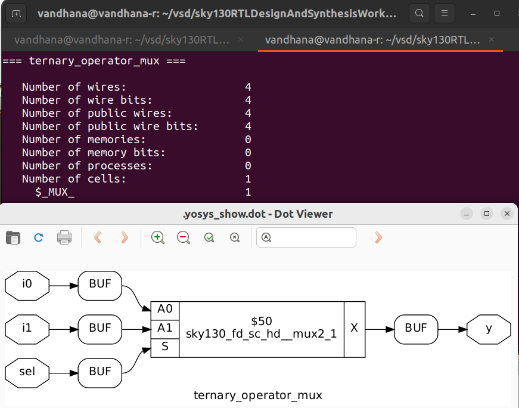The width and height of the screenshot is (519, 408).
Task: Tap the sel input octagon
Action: tap(27, 372)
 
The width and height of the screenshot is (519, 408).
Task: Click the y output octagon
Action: tap(489, 329)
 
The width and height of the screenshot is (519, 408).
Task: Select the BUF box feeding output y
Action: tap(416, 329)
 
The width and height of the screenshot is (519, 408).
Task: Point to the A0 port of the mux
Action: tap(165, 309)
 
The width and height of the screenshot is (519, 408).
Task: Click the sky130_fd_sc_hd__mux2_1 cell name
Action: tap(262, 335)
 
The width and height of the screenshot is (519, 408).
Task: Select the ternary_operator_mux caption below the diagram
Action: tap(258, 395)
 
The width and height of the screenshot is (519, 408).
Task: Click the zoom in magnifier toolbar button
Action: tap(158, 237)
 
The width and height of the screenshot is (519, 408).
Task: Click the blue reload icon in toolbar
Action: tap(39, 237)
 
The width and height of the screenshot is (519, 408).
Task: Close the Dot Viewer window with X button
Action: tap(506, 214)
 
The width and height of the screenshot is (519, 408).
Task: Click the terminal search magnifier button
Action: tap(419, 13)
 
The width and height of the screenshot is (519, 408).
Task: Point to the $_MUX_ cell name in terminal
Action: tap(55, 192)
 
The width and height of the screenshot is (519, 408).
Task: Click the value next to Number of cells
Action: tap(248, 179)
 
